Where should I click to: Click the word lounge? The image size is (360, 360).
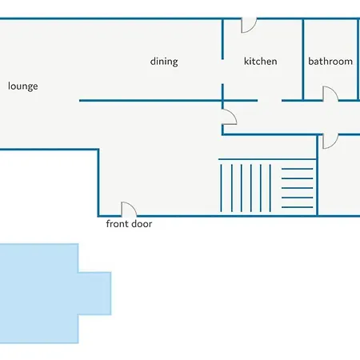tap(23, 86)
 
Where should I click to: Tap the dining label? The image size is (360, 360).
tap(164, 62)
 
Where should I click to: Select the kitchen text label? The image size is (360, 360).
tap(261, 62)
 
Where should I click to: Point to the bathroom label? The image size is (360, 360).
tap(330, 62)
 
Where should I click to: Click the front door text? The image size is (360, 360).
tap(129, 224)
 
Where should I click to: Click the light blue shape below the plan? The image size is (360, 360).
tap(40, 294)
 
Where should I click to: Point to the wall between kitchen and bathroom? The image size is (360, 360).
tap(303, 59)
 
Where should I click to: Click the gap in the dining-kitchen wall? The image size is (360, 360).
tap(222, 71)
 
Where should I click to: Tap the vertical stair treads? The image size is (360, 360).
tap(246, 188)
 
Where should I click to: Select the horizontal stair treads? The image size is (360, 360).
tap(297, 188)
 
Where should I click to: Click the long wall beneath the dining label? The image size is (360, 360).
tap(168, 101)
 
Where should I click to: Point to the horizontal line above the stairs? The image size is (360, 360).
tap(267, 159)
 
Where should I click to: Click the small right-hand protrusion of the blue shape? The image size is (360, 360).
tap(94, 294)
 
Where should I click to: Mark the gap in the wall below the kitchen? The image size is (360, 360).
tap(270, 101)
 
